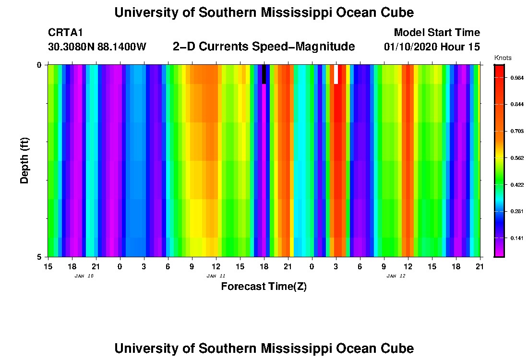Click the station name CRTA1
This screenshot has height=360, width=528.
(66, 33)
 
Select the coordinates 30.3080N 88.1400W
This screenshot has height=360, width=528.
(97, 47)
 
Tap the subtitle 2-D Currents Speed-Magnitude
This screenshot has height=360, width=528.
(264, 47)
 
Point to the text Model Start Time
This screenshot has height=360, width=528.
(436, 33)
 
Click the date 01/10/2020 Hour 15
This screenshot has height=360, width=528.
(432, 47)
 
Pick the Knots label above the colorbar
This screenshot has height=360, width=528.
(503, 58)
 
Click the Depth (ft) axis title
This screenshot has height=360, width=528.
(25, 160)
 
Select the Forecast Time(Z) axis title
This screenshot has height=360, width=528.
(264, 287)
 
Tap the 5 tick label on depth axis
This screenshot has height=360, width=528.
(39, 257)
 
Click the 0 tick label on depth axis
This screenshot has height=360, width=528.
(39, 65)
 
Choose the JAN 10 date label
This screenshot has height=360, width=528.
(84, 276)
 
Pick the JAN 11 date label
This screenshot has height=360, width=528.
(216, 276)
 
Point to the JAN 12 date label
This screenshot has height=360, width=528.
(396, 276)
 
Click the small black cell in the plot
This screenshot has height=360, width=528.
(264, 74)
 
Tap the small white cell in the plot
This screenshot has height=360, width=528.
(336, 74)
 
